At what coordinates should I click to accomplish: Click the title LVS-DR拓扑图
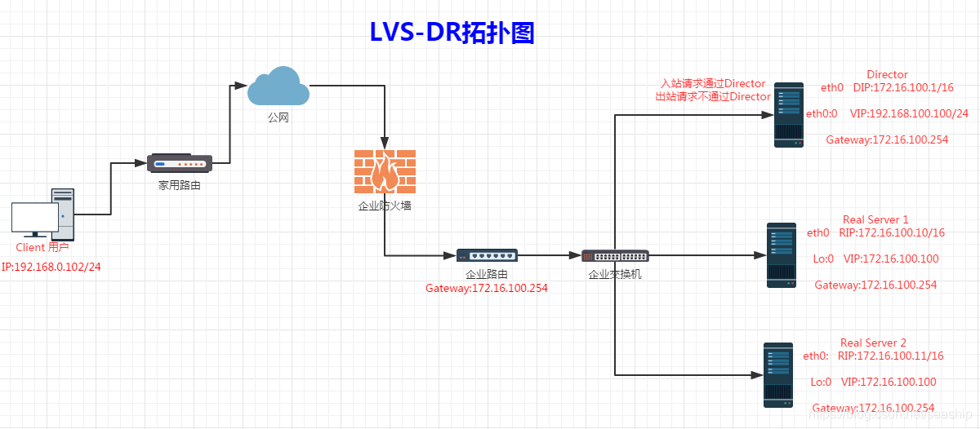(x=452, y=32)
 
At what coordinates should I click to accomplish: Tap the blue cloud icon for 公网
(x=278, y=86)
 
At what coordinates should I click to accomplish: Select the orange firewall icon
(x=385, y=171)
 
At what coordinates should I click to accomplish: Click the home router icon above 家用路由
(x=180, y=163)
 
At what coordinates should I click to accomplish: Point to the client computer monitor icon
(x=35, y=219)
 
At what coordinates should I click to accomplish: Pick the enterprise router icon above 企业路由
(x=487, y=255)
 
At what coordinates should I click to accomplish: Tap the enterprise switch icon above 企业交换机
(x=614, y=256)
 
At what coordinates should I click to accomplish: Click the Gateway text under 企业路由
(x=487, y=288)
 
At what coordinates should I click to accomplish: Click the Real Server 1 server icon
(x=782, y=255)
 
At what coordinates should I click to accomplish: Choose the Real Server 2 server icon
(x=778, y=374)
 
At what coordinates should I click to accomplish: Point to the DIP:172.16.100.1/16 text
(x=903, y=87)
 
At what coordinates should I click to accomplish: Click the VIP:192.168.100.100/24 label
(x=908, y=113)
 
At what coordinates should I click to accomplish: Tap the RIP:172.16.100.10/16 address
(x=891, y=232)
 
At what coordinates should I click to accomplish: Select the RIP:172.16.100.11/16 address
(x=890, y=356)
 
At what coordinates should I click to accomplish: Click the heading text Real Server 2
(x=873, y=343)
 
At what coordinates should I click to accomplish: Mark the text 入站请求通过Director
(x=713, y=83)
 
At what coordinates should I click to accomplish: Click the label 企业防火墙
(x=385, y=206)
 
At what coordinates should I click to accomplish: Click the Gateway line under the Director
(x=887, y=139)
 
